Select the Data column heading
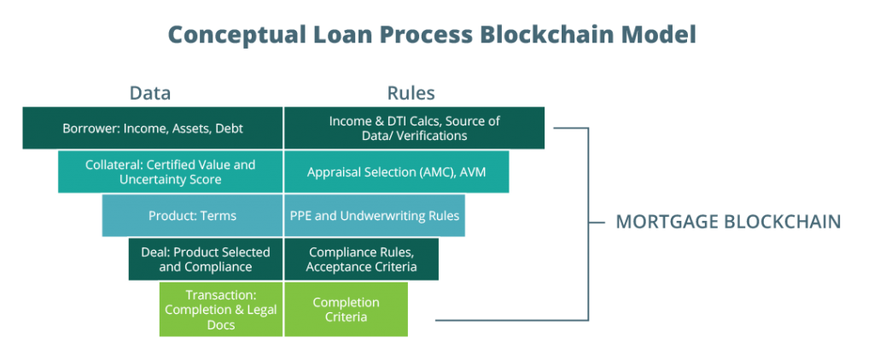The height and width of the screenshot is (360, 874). [150, 93]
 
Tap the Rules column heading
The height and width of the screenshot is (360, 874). [411, 93]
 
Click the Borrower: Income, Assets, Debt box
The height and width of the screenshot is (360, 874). [153, 128]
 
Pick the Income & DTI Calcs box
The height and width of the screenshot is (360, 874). [415, 128]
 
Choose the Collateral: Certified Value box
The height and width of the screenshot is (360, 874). [171, 172]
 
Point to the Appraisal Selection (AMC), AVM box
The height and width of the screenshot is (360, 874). [397, 172]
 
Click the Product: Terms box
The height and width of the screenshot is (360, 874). [192, 216]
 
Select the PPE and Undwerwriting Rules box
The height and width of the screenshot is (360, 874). [375, 216]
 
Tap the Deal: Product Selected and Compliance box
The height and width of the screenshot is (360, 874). [206, 259]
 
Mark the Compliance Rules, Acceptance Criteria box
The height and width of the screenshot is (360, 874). [362, 259]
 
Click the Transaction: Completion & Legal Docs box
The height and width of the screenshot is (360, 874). [221, 310]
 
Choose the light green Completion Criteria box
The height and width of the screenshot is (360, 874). [347, 310]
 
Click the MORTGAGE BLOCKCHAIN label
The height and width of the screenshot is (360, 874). [728, 222]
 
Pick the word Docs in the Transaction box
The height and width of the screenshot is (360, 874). [221, 325]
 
